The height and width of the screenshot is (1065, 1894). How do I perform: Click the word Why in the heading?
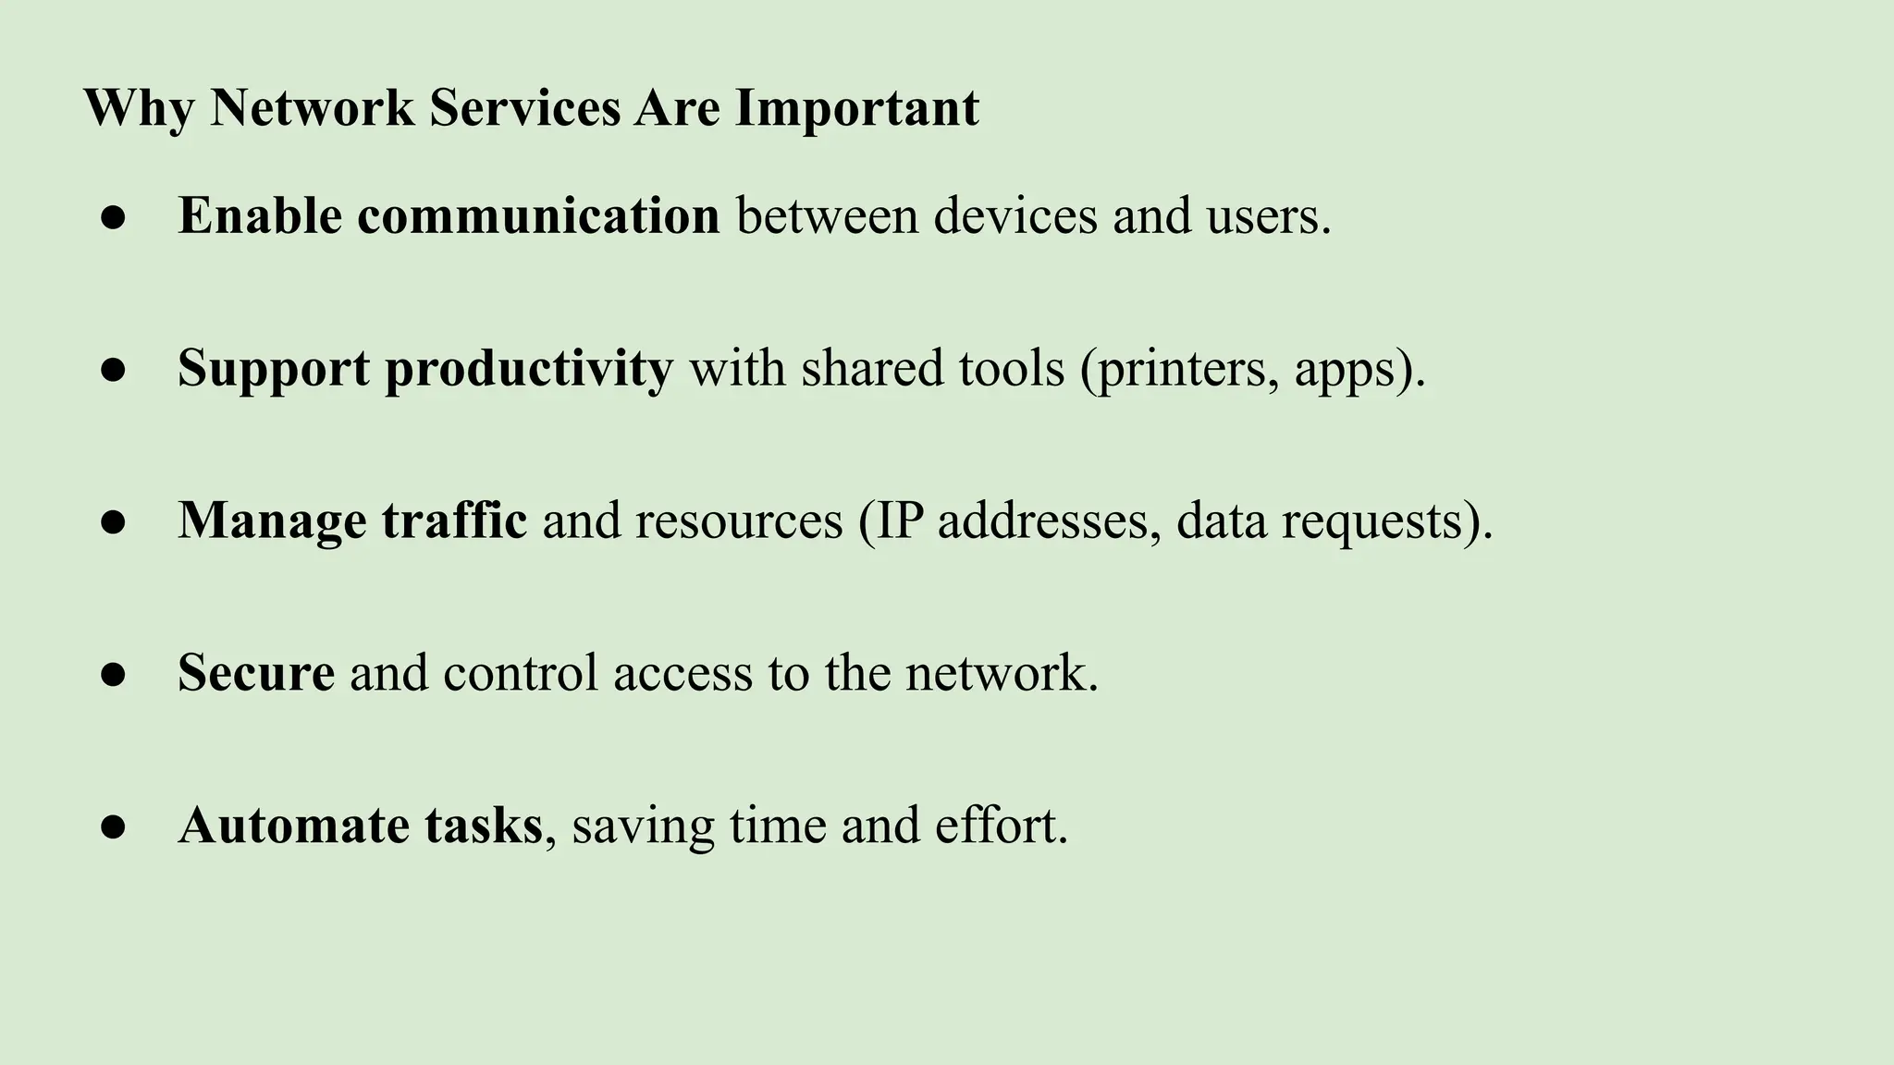coord(139,108)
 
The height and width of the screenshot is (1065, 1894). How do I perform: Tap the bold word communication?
coord(538,216)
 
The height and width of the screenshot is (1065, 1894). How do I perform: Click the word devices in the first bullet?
coord(1015,216)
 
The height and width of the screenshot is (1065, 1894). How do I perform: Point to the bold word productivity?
coord(529,369)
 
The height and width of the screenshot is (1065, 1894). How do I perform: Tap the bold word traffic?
coord(454,520)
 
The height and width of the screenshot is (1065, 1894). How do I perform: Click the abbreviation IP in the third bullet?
coord(899,520)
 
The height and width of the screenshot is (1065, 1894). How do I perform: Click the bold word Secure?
coord(256,673)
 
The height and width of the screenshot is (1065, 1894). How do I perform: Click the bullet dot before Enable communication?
coord(113,218)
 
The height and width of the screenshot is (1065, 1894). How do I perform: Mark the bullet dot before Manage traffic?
coord(113,522)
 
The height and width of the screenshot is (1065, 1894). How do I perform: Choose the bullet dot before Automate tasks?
coord(113,827)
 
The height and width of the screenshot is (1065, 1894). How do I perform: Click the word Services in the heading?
coord(524,108)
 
